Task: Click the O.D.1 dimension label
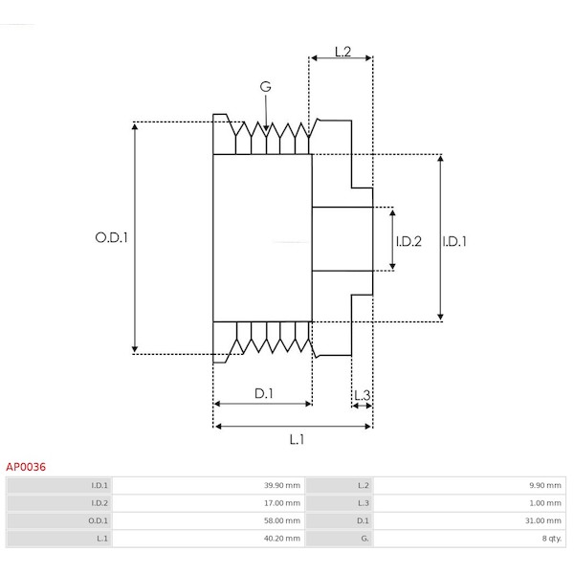coord(111,238)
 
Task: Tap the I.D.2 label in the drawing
coord(408,241)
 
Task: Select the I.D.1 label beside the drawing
coord(455,241)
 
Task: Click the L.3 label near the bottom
coord(362,394)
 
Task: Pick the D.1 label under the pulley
coord(264,393)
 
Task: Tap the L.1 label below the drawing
coord(297,439)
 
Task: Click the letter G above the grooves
coord(265,87)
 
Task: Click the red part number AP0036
coord(26,467)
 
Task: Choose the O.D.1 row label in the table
coord(99,520)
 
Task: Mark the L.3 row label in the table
coord(364,502)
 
